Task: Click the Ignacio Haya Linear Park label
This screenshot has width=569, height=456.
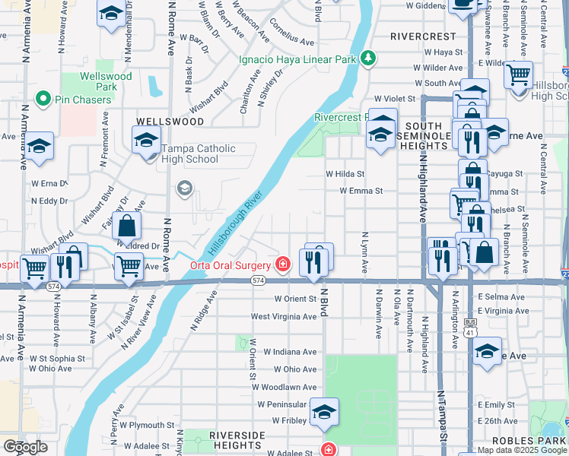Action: (x=297, y=59)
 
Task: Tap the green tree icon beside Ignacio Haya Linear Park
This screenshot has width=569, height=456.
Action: (x=368, y=58)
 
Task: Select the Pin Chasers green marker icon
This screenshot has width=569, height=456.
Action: (x=43, y=98)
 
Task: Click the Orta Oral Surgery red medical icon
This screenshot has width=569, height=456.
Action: (x=283, y=264)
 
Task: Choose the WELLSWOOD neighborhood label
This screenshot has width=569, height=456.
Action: (x=170, y=122)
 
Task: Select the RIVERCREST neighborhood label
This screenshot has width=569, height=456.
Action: (x=423, y=36)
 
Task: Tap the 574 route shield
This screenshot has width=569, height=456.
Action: (x=258, y=281)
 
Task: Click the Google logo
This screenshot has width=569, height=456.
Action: (x=25, y=446)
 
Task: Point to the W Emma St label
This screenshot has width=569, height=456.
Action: (x=361, y=192)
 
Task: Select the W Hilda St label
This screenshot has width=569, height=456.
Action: (x=345, y=174)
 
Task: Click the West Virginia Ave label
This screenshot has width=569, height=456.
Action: (x=283, y=316)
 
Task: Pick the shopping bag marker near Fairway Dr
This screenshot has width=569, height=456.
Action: (x=127, y=225)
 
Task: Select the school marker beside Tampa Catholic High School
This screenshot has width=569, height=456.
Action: (x=146, y=140)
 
